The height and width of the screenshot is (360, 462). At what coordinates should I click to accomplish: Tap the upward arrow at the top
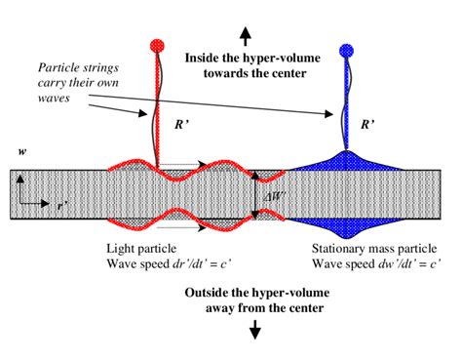click(246, 36)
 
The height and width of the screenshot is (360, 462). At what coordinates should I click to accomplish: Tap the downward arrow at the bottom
click(256, 331)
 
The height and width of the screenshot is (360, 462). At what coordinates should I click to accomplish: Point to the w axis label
click(21, 152)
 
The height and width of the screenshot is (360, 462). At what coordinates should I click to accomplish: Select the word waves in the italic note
click(55, 100)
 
